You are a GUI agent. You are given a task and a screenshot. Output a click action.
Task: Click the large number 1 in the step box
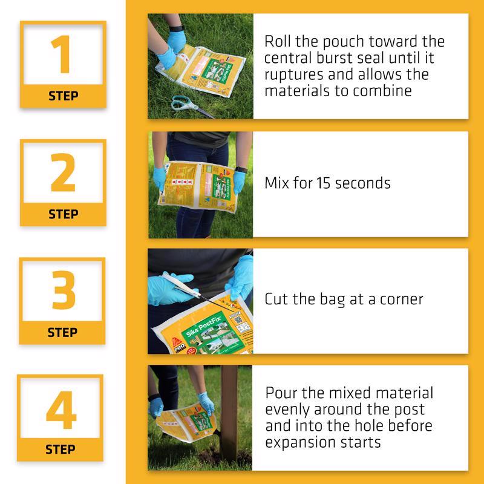click(62, 56)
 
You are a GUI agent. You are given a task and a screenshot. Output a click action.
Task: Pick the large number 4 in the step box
click(61, 410)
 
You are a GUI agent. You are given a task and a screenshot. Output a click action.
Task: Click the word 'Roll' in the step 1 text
click(278, 42)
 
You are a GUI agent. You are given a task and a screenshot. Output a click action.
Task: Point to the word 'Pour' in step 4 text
click(282, 393)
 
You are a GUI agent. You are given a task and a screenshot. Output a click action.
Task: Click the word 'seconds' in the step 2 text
click(362, 183)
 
